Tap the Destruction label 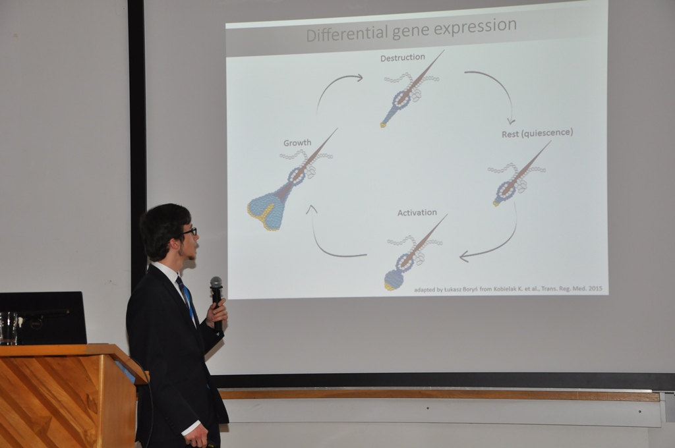pyautogui.click(x=403, y=57)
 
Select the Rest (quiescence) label pyautogui.click(x=537, y=133)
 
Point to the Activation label pyautogui.click(x=417, y=213)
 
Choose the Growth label pyautogui.click(x=297, y=143)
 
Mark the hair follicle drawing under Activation pyautogui.click(x=413, y=253)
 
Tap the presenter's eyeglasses pyautogui.click(x=189, y=231)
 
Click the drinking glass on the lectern pyautogui.click(x=8, y=328)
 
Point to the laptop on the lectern pyautogui.click(x=43, y=318)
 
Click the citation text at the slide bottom pyautogui.click(x=508, y=289)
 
